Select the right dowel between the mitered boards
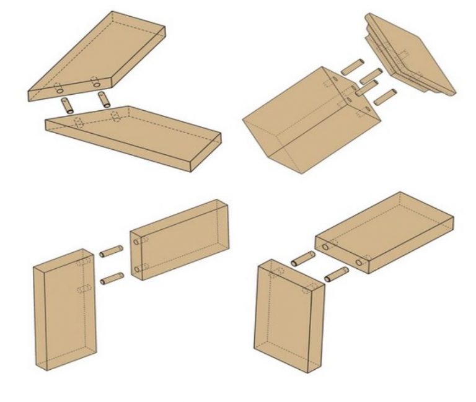point(104,99)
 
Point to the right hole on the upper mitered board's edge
point(97,81)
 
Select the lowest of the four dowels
point(385,96)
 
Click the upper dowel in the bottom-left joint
point(111,251)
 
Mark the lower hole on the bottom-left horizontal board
point(136,269)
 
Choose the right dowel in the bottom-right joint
point(335,273)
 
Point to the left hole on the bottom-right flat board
point(325,247)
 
